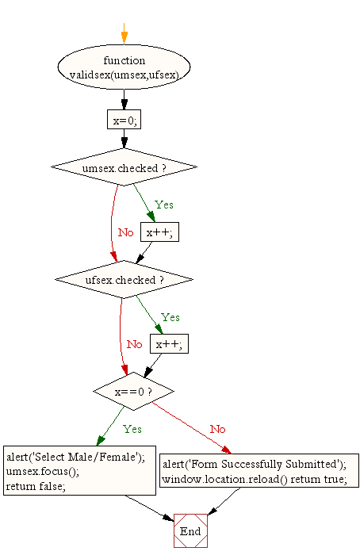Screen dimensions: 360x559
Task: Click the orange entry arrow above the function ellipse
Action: (124, 33)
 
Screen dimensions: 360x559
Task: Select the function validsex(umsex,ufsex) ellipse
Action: (124, 67)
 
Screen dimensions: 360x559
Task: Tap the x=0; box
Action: (124, 120)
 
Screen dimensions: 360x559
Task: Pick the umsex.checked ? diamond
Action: (124, 167)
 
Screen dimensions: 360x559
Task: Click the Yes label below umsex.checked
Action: (164, 205)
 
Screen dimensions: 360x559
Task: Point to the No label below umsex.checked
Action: (126, 232)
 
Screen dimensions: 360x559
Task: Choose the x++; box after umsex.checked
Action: (159, 232)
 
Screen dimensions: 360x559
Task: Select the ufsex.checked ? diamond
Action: (124, 279)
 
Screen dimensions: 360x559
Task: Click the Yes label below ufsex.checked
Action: (170, 317)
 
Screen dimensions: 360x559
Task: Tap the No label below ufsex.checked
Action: (134, 344)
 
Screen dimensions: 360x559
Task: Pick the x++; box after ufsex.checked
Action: (170, 343)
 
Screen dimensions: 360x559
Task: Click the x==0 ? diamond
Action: (134, 392)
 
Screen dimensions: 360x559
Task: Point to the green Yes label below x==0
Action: (132, 429)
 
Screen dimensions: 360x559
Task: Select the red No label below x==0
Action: (217, 429)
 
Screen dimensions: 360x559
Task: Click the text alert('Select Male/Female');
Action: (75, 457)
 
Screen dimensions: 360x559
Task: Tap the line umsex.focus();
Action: (42, 472)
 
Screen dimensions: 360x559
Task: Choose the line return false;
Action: (36, 486)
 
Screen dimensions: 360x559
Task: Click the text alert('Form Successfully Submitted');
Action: (255, 464)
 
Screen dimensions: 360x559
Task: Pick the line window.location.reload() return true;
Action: (255, 479)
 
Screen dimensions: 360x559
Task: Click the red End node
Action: (190, 530)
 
